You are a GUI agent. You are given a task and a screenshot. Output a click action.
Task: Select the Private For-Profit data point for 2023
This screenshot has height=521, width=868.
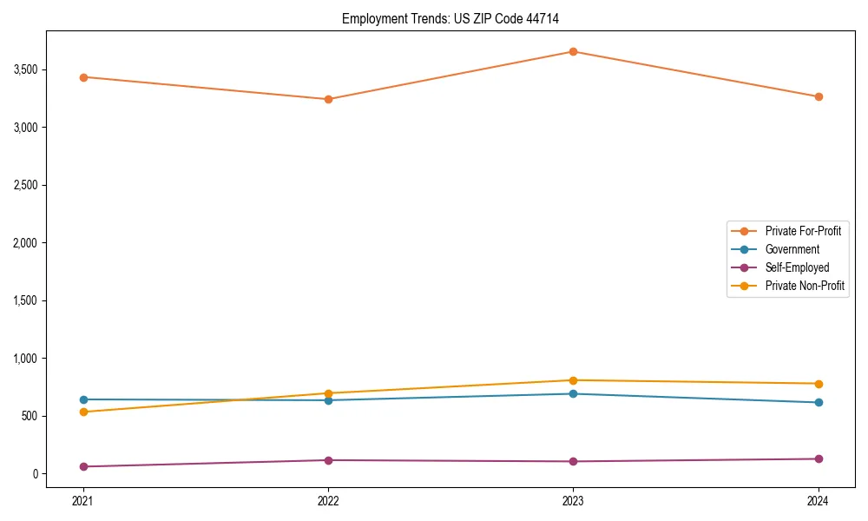click(573, 51)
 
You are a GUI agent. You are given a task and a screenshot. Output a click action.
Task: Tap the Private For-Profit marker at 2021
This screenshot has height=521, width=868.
click(83, 77)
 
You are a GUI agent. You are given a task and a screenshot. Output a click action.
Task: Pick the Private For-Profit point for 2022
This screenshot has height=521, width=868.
click(328, 99)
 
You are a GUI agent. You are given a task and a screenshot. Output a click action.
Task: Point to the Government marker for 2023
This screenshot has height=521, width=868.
click(573, 394)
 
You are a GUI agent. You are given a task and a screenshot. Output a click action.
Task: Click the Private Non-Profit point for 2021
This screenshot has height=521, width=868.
click(83, 412)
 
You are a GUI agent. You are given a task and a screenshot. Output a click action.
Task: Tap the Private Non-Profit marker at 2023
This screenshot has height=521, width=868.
click(573, 380)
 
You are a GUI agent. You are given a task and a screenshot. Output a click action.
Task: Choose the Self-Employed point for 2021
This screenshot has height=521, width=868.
click(83, 466)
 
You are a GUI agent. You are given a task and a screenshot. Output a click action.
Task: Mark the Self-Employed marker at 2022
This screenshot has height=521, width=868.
click(328, 460)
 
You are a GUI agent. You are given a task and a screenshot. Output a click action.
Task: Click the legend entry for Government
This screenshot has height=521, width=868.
click(792, 249)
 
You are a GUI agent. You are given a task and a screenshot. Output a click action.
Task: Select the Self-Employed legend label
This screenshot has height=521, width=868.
click(797, 267)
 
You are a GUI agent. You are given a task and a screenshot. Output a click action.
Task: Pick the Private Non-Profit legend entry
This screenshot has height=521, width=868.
click(805, 286)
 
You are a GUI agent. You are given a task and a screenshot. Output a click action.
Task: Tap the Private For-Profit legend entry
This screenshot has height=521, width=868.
click(803, 231)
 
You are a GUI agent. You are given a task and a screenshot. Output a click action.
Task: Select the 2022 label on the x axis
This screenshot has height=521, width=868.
click(328, 500)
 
